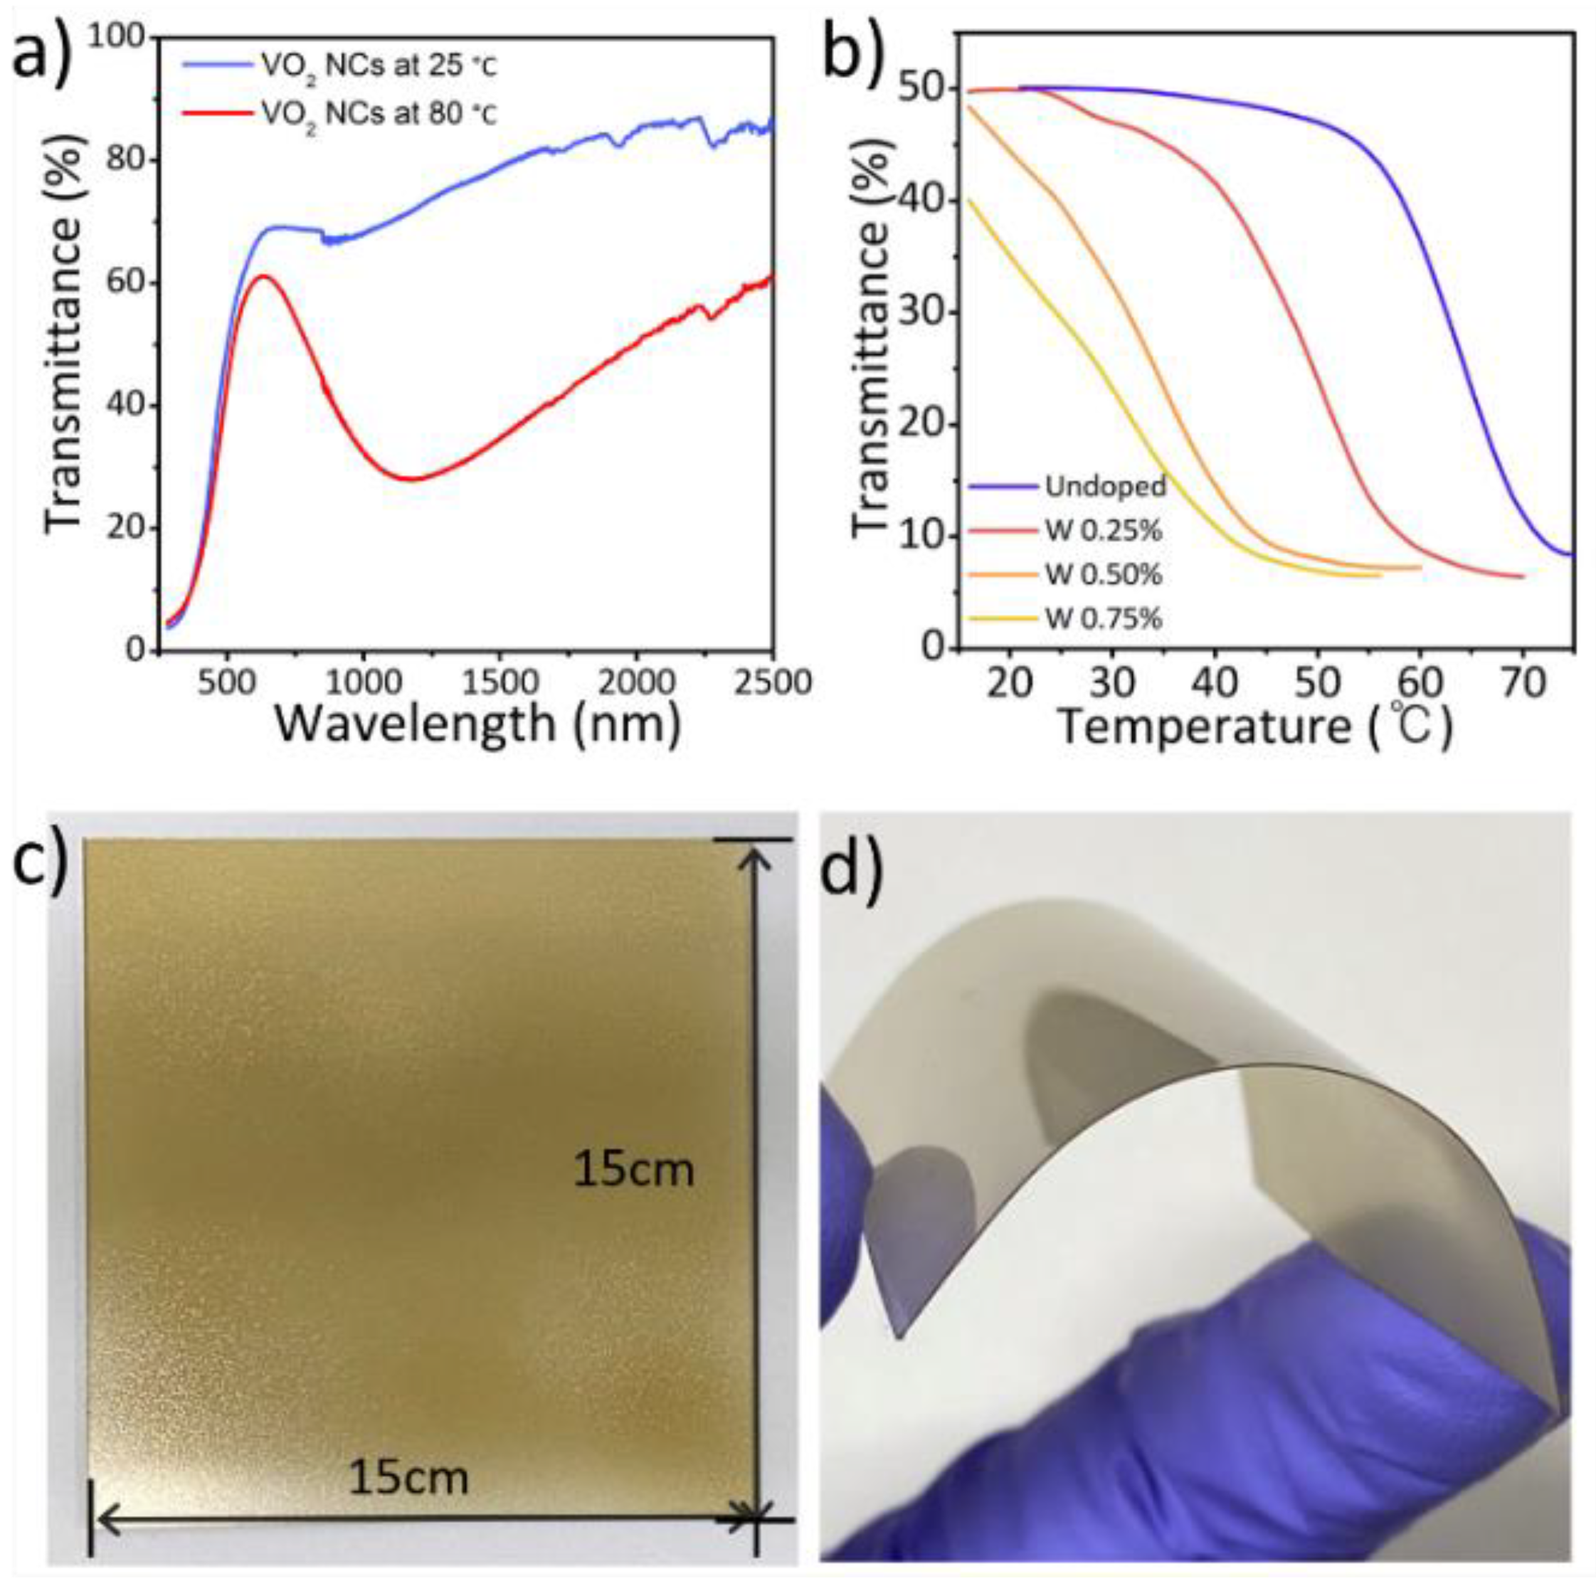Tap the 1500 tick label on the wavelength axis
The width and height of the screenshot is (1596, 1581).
click(498, 682)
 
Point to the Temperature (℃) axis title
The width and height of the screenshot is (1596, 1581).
click(1256, 727)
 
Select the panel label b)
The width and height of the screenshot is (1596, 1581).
click(859, 51)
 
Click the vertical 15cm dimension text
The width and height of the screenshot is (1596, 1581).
click(633, 1170)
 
